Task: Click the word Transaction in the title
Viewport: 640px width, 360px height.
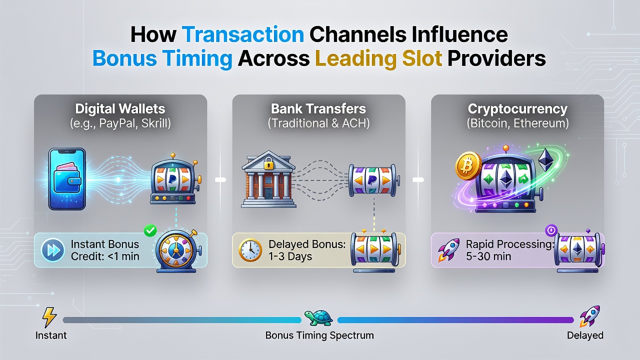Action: [242, 34]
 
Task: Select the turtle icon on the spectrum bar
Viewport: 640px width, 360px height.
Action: [318, 317]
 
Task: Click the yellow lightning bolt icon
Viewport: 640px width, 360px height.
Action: [49, 317]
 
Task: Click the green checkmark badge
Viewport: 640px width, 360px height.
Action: [150, 230]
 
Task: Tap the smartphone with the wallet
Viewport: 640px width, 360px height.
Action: [67, 179]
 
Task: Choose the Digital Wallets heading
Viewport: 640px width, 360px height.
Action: [120, 109]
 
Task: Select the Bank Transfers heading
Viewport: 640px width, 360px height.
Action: [318, 109]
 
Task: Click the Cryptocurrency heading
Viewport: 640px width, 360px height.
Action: [517, 109]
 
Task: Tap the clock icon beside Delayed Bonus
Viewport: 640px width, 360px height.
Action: [250, 250]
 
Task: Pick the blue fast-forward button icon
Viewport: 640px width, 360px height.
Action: [53, 250]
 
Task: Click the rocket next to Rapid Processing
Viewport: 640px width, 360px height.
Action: [449, 249]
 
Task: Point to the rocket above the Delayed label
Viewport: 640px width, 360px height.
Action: [589, 316]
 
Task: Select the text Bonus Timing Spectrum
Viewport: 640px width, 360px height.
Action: [319, 335]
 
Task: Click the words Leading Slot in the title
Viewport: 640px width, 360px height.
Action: [378, 58]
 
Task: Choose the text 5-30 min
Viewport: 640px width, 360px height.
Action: [488, 256]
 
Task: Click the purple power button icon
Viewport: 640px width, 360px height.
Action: [551, 230]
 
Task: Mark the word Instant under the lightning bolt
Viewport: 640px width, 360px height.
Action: [51, 335]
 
